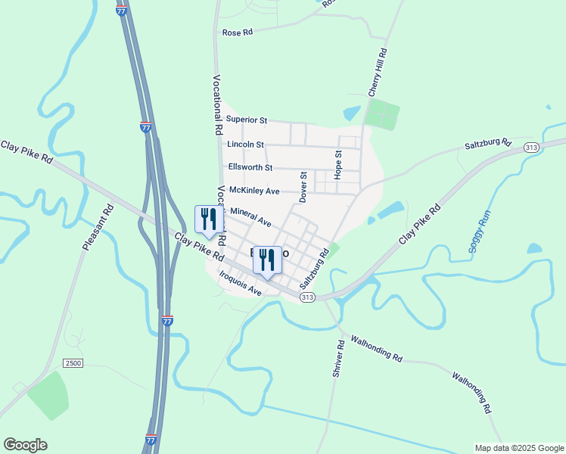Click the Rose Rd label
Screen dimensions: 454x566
pos(236,33)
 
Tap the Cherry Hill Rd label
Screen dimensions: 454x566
pos(378,73)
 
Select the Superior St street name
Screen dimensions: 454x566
pos(247,120)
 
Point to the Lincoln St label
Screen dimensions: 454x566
pos(245,144)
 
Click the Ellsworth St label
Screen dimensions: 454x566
pos(250,167)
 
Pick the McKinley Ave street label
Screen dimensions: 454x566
pos(254,191)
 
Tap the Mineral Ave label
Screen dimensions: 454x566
pos(250,217)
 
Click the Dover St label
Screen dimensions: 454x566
pos(303,187)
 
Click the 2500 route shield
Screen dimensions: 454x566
pos(73,363)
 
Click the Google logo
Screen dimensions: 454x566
pos(25,445)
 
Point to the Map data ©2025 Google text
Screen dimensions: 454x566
pos(519,448)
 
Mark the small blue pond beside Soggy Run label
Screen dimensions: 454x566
pos(533,248)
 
